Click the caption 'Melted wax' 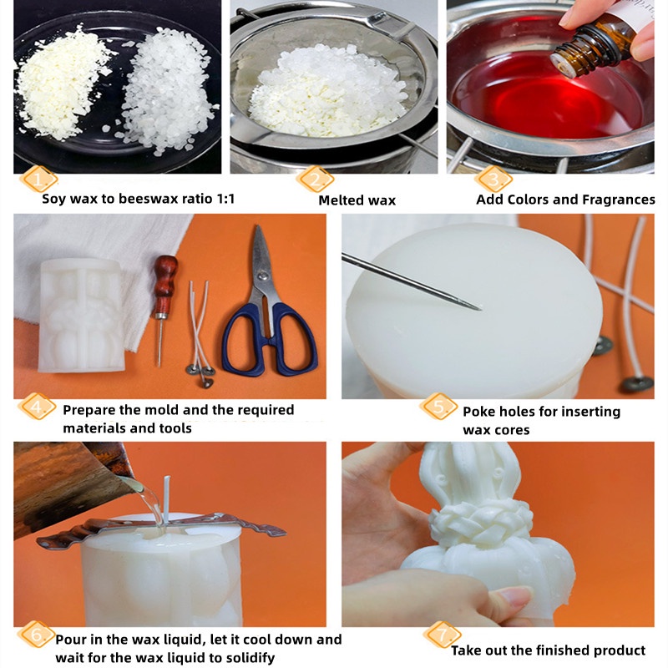(x=357, y=200)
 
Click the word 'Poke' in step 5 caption (x=480, y=411)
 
